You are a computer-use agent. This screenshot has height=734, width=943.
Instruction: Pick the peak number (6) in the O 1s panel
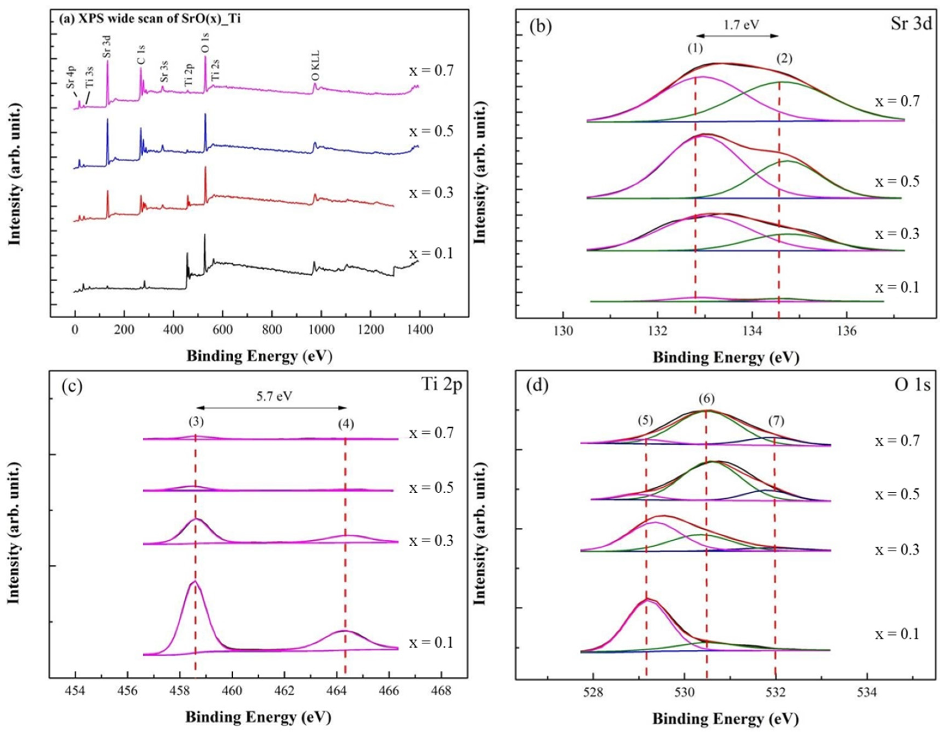tap(707, 399)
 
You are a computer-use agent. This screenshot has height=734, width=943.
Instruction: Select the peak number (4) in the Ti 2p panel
tap(346, 424)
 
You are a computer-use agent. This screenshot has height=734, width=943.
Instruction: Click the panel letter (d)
tap(537, 386)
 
